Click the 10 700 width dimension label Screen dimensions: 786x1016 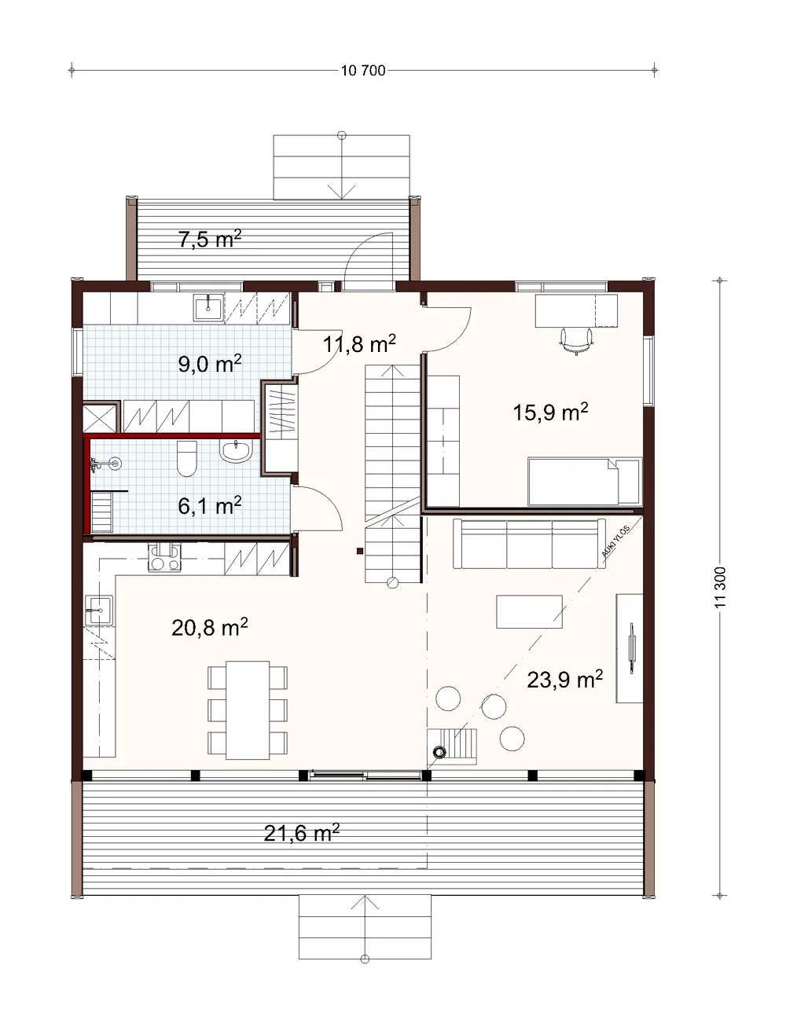(x=363, y=71)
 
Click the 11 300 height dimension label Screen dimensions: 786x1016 (x=721, y=587)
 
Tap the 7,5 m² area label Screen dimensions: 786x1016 (x=210, y=239)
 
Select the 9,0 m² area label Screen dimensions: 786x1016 (x=210, y=363)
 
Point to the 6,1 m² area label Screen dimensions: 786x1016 (x=210, y=505)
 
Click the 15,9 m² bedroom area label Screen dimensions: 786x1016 (x=550, y=412)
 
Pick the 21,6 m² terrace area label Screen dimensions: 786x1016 (x=302, y=833)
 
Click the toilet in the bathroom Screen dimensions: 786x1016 (x=187, y=459)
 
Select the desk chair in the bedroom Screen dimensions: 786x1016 (x=576, y=341)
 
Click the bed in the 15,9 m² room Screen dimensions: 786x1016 (x=584, y=482)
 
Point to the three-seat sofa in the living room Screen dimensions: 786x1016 (x=528, y=543)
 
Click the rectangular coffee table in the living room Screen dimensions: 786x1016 (x=529, y=611)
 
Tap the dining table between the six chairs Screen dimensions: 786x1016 (x=248, y=710)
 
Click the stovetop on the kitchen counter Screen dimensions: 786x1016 (x=164, y=557)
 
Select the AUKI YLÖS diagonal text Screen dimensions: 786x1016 (x=615, y=542)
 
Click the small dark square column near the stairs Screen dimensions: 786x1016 (x=359, y=552)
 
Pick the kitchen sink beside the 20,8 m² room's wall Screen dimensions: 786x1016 (x=99, y=611)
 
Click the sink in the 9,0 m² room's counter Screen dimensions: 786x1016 (x=208, y=309)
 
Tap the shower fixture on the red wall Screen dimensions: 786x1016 (x=106, y=464)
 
